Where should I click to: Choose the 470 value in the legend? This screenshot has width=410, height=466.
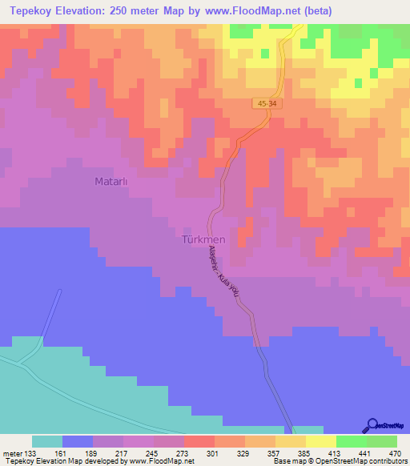coord(393,452)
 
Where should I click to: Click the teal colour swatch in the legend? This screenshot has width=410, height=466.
coord(46,441)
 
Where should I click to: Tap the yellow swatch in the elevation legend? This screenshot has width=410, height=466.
coord(320,441)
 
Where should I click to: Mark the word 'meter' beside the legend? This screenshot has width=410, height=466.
coord(12,452)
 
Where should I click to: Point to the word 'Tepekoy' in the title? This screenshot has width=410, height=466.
coord(29,12)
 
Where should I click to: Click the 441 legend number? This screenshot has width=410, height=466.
coord(365,452)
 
